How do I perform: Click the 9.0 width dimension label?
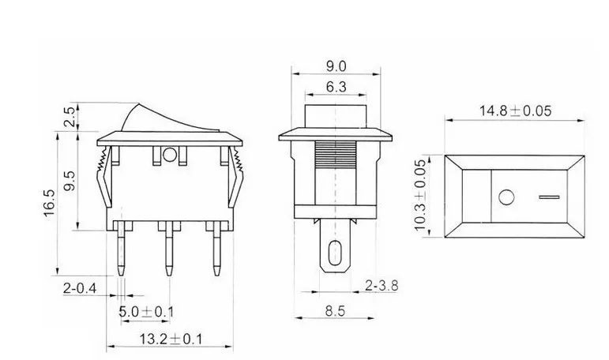point(336,66)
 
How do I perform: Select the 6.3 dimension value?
point(336,87)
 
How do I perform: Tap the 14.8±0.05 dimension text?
point(515,111)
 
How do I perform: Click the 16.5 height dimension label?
point(49,203)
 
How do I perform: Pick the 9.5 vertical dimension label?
point(70,181)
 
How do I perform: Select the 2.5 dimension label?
point(70,117)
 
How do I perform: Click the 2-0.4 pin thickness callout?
point(80,288)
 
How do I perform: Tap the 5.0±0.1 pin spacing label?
point(146,312)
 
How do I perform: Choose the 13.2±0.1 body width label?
point(171,339)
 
